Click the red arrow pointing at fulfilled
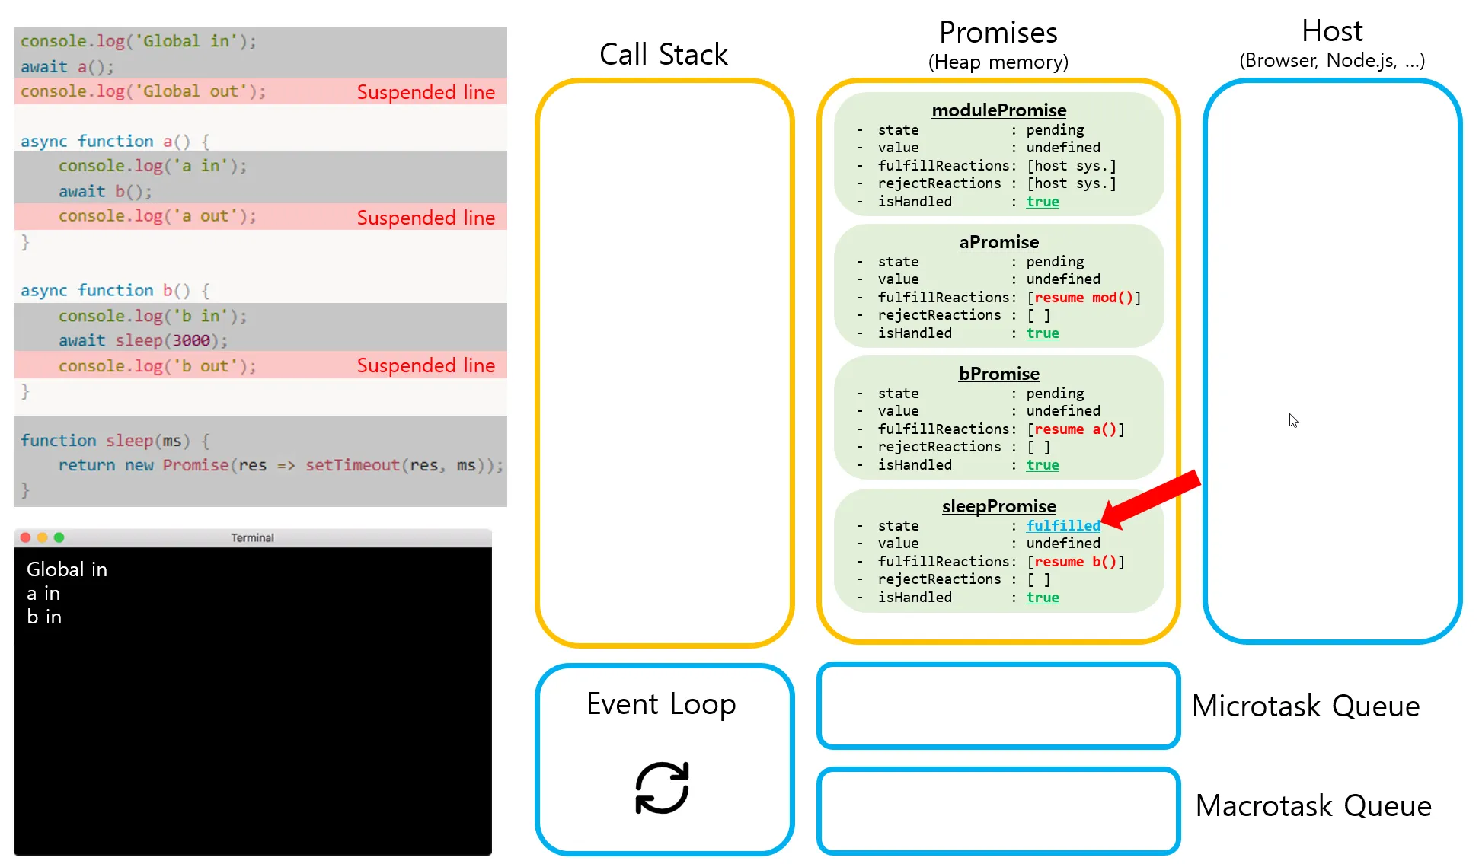click(x=1152, y=499)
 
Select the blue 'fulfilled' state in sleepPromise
click(x=1063, y=526)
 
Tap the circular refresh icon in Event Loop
click(x=662, y=788)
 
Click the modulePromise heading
click(x=998, y=110)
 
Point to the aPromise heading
click(x=998, y=242)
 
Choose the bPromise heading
click(x=998, y=374)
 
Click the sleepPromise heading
click(x=998, y=506)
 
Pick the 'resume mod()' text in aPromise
click(x=1084, y=298)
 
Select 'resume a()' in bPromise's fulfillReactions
click(x=1075, y=429)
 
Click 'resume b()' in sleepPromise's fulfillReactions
click(x=1075, y=562)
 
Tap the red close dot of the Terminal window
click(x=25, y=537)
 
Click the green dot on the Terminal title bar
click(x=59, y=537)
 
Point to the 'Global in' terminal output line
click(x=67, y=569)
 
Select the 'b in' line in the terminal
click(x=44, y=617)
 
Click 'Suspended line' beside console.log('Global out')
click(x=426, y=92)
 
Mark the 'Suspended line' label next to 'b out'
click(x=426, y=365)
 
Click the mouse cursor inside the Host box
click(x=1293, y=421)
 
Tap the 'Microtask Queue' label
click(x=1306, y=706)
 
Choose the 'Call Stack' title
click(x=663, y=55)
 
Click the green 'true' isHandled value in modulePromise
click(x=1043, y=202)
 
